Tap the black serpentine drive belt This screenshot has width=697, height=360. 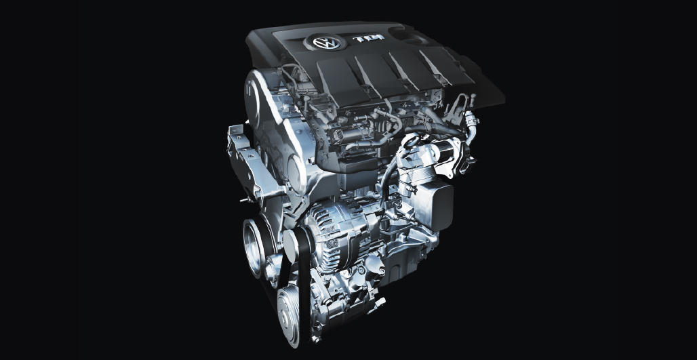[304, 285]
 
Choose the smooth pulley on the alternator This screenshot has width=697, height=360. [291, 245]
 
